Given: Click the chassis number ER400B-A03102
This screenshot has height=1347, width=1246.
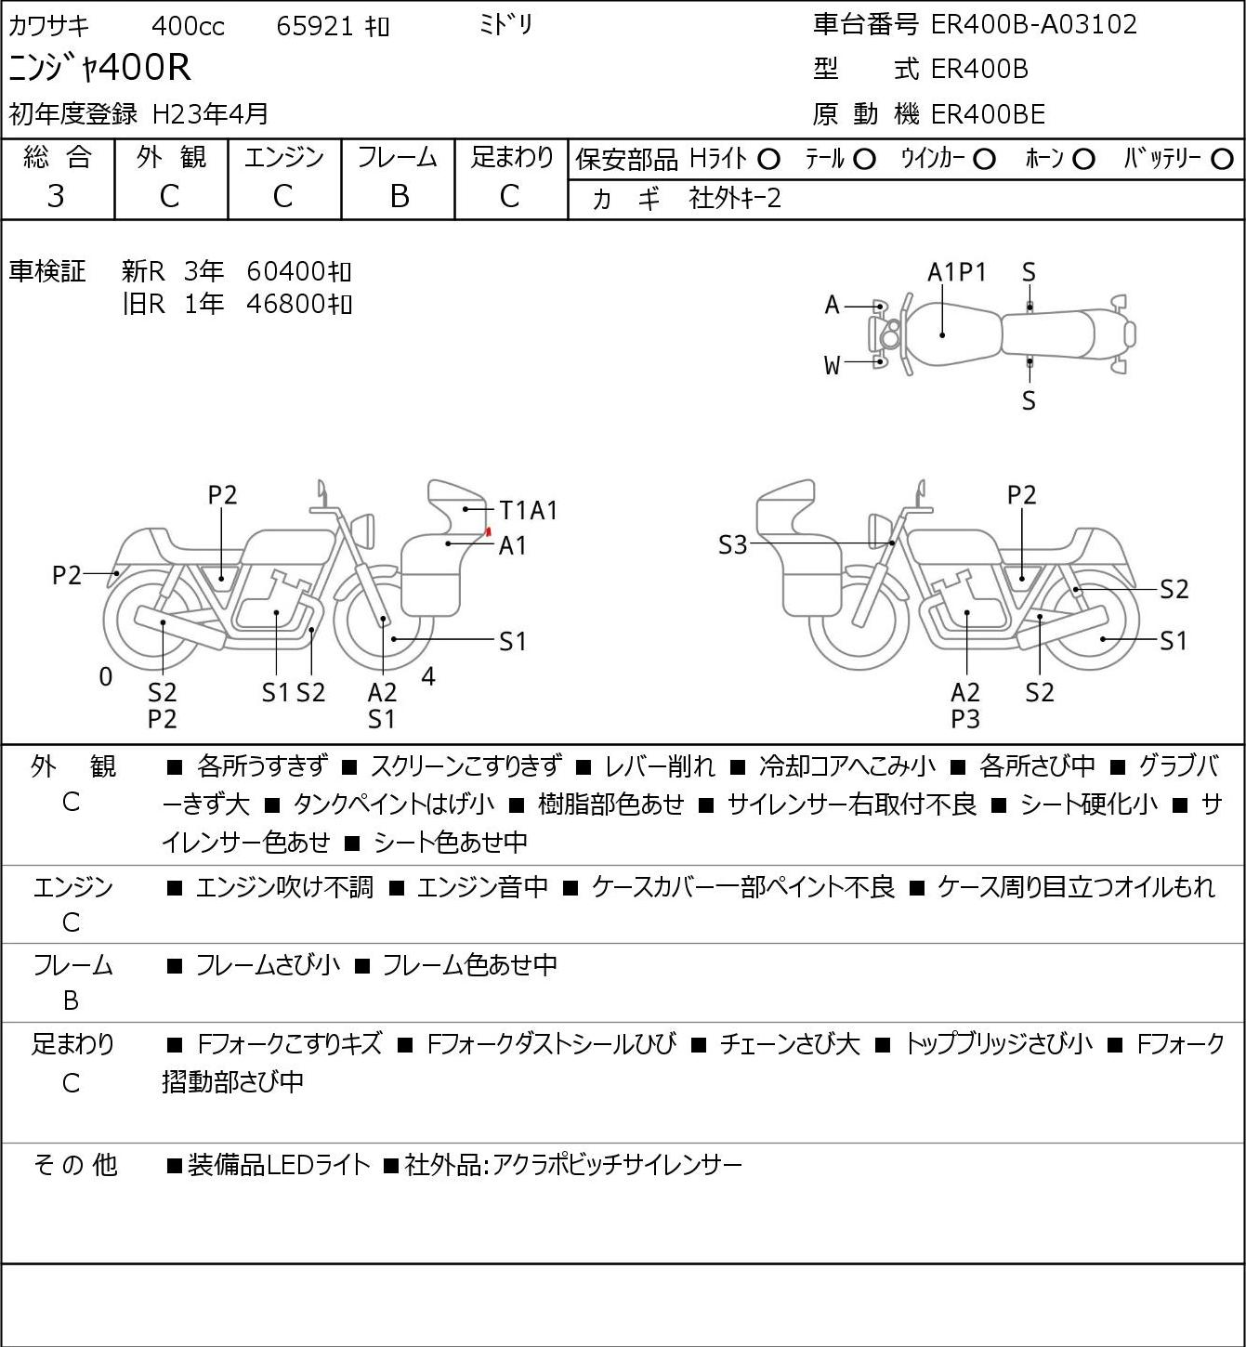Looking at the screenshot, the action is click(x=1033, y=24).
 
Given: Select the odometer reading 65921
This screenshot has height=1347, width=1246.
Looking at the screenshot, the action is click(x=315, y=26).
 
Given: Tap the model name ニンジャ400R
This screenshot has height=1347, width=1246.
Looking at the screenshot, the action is click(x=99, y=67).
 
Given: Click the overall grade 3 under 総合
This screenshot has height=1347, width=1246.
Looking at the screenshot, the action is click(x=56, y=196).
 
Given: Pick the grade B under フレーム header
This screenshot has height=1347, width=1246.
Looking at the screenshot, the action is click(x=399, y=196).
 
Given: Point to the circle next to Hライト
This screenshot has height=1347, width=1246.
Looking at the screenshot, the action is click(x=768, y=160).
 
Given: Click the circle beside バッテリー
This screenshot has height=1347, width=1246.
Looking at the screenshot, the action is click(x=1222, y=160).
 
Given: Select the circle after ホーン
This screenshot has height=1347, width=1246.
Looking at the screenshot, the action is click(x=1083, y=160).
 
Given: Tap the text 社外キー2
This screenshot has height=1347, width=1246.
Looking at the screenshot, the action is click(x=735, y=199).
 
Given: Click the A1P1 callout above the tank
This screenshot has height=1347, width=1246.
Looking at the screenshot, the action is click(x=957, y=272).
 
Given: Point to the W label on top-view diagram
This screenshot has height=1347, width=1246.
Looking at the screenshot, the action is click(x=832, y=366).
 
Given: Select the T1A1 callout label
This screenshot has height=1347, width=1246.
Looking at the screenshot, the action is click(x=529, y=510).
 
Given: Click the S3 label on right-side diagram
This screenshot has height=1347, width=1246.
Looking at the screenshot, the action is click(x=732, y=544).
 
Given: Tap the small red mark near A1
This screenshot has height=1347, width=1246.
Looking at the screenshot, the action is click(x=487, y=531).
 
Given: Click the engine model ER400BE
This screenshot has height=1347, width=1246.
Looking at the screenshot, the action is click(x=988, y=114).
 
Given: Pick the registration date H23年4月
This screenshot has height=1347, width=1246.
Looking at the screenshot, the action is click(x=210, y=114).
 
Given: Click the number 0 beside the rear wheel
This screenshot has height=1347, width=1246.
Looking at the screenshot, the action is click(x=105, y=676).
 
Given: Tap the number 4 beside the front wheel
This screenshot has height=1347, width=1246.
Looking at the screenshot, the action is click(x=428, y=676).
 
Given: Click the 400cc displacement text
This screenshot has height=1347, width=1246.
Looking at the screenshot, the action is click(x=188, y=26).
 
